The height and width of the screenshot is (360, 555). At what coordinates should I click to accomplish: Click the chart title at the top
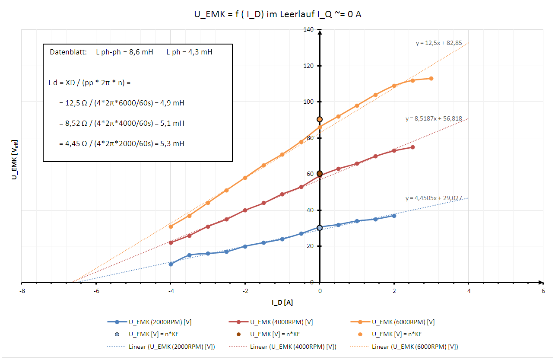pos(278,14)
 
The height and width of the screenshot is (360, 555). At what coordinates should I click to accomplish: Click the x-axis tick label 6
pos(543,292)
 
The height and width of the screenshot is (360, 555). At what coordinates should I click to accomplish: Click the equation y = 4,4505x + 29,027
pos(434,198)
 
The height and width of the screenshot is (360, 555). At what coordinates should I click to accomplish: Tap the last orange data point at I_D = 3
pos(431,78)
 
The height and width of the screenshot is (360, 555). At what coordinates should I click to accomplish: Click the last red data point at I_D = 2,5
pos(412,147)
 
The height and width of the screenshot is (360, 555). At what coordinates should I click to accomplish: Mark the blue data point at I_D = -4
pos(171,264)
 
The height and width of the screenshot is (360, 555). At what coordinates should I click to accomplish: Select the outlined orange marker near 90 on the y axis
pos(320,119)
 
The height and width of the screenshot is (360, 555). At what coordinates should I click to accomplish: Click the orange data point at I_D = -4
pos(171,226)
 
